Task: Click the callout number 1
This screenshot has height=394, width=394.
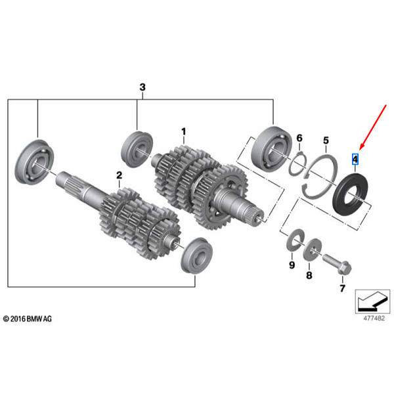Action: click(184, 132)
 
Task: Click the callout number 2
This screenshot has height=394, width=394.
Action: click(119, 175)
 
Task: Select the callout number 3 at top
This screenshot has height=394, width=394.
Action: click(142, 87)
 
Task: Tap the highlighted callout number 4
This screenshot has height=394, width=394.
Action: click(355, 159)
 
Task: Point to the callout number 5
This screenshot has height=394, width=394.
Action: click(325, 141)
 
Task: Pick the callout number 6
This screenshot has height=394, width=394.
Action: click(299, 138)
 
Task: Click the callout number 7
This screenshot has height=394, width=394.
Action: click(341, 288)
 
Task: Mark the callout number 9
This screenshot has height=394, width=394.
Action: click(292, 265)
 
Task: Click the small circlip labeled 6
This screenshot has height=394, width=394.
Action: click(299, 162)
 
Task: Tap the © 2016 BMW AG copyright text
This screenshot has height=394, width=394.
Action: click(27, 318)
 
